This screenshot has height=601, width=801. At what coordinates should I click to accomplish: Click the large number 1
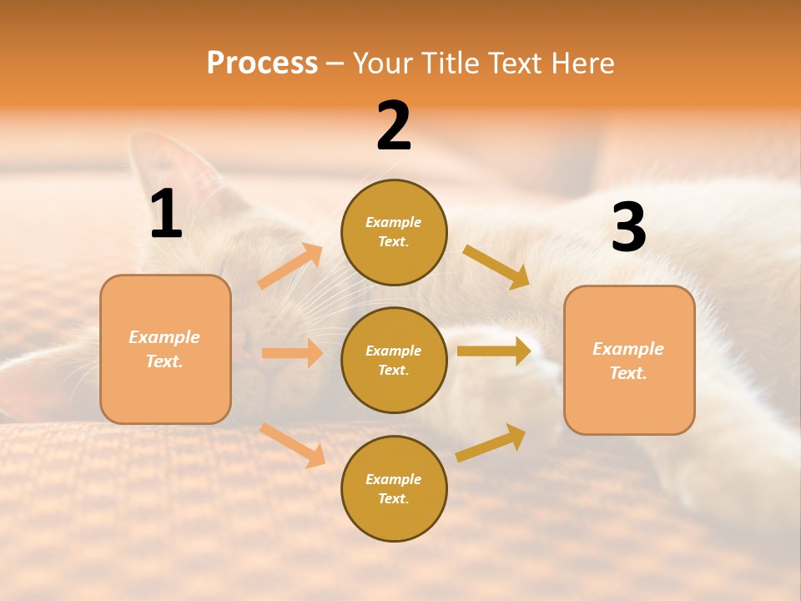(166, 215)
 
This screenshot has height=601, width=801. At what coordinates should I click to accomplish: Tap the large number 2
(394, 126)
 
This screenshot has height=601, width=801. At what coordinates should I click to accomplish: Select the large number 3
(629, 227)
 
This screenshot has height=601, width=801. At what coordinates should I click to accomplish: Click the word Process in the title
(262, 63)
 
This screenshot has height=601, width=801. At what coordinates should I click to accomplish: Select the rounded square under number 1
(165, 349)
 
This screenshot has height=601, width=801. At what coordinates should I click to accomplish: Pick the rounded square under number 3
(629, 360)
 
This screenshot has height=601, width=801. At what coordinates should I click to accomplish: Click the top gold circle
(394, 232)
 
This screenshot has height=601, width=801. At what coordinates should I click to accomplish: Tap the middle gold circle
(394, 360)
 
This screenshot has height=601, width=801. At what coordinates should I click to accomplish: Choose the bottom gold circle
(394, 488)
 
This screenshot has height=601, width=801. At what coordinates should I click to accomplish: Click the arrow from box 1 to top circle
(290, 266)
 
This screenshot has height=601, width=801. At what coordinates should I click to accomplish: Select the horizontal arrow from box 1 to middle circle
(292, 353)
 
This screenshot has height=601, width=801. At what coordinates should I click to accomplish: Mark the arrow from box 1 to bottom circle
(292, 445)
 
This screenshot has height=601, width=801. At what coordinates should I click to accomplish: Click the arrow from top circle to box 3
(496, 266)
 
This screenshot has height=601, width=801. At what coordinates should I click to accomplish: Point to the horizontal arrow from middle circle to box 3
(494, 351)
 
